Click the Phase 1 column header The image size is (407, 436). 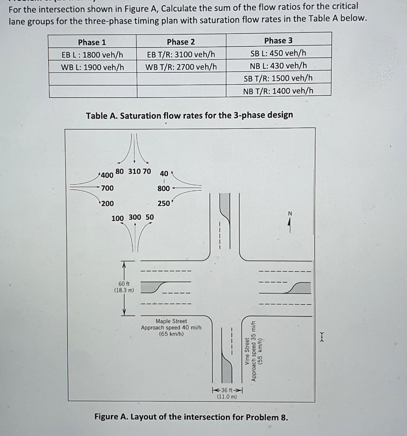click(x=92, y=42)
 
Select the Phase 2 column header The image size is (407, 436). click(x=181, y=42)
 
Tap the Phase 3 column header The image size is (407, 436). click(x=278, y=41)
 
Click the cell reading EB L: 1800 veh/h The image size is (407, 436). click(x=92, y=55)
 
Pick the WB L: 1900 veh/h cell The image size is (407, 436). click(x=92, y=67)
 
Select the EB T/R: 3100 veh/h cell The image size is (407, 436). click(x=181, y=54)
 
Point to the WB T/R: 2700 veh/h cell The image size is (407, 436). click(x=181, y=67)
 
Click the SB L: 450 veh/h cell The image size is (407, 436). click(x=278, y=53)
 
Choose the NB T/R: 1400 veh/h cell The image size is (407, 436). click(x=278, y=91)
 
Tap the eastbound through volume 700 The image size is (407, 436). click(x=107, y=188)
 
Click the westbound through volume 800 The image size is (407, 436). click(x=164, y=188)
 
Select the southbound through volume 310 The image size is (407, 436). click(x=134, y=171)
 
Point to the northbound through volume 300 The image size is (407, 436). click(x=135, y=217)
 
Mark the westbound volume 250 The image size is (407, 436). click(x=164, y=203)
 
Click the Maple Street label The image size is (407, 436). click(x=171, y=321)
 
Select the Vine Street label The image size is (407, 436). click(x=247, y=352)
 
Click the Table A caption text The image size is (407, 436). click(x=189, y=115)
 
